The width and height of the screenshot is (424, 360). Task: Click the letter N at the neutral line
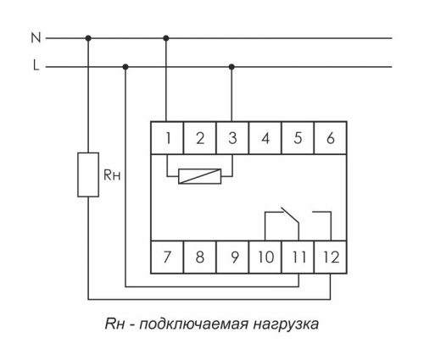pos(35,37)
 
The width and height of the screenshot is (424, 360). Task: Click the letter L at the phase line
pos(36,65)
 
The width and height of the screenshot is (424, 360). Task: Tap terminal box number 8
pos(199,257)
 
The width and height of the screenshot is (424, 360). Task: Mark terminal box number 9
pos(232,257)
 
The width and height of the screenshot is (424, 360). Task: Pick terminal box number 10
pos(265,257)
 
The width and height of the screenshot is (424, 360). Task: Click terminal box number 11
pos(297,257)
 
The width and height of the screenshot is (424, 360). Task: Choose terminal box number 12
pos(329,257)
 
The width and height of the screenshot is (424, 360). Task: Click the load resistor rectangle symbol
pos(88,174)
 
